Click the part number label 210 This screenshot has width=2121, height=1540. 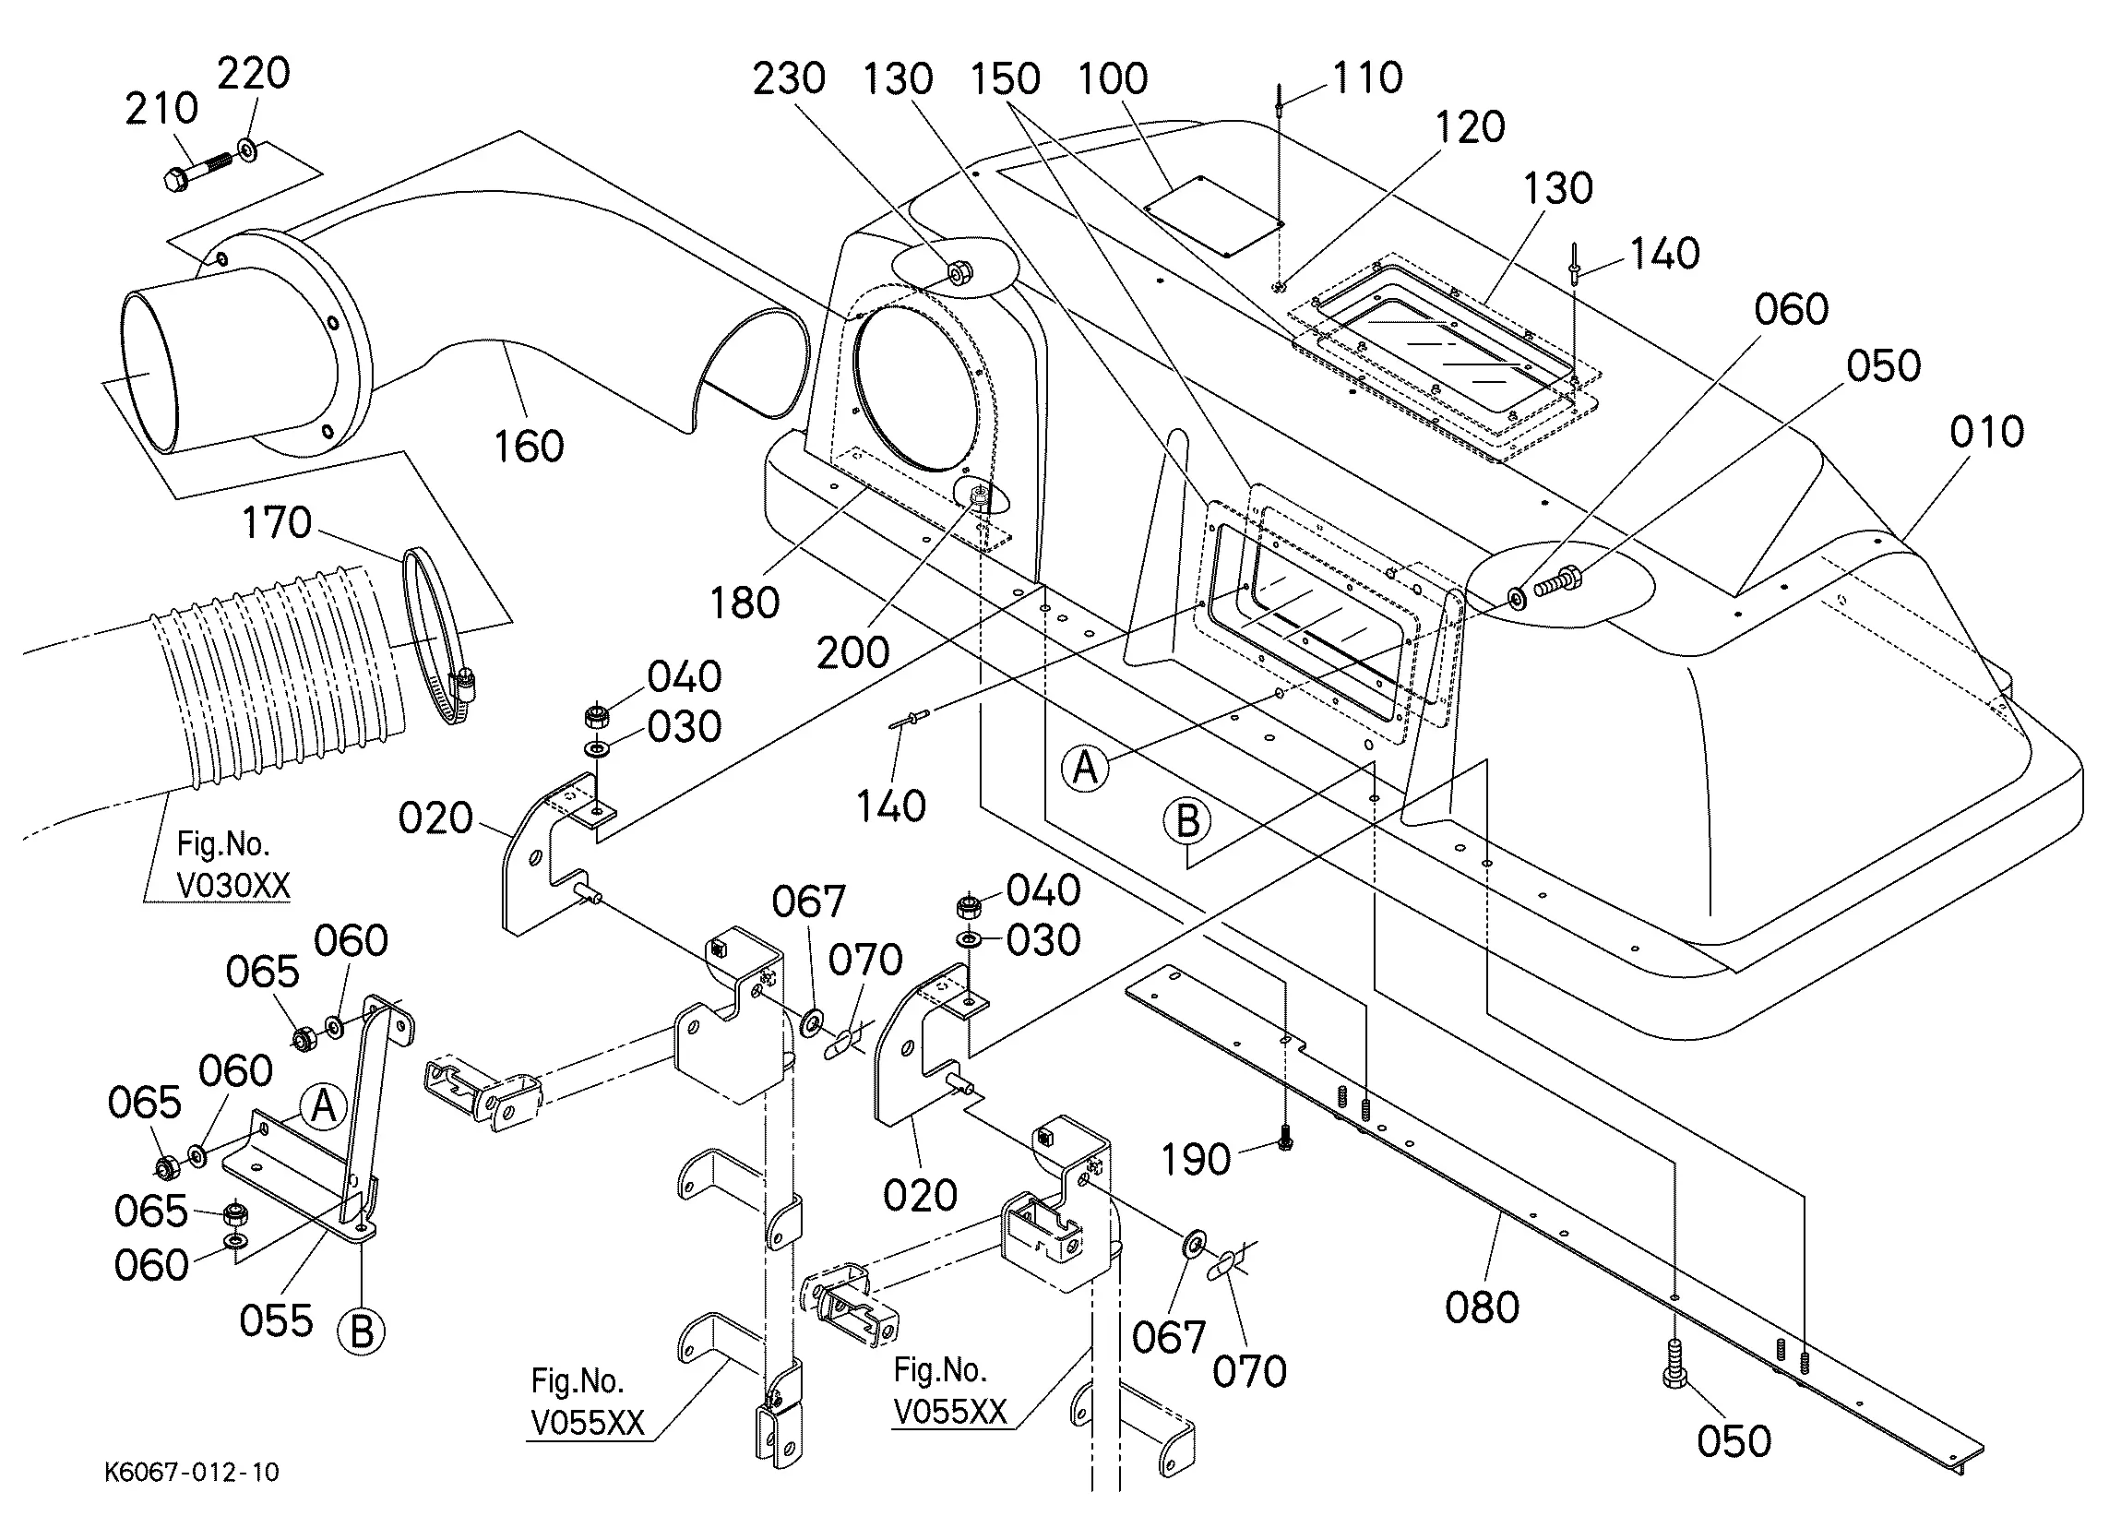point(161,109)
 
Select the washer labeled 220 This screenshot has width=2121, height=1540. point(248,148)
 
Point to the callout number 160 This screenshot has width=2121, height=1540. point(530,447)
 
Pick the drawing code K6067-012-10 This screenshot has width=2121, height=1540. point(192,1472)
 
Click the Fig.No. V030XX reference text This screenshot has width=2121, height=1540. point(233,865)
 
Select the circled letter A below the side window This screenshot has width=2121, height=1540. point(1085,768)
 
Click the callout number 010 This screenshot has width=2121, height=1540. point(1986,432)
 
